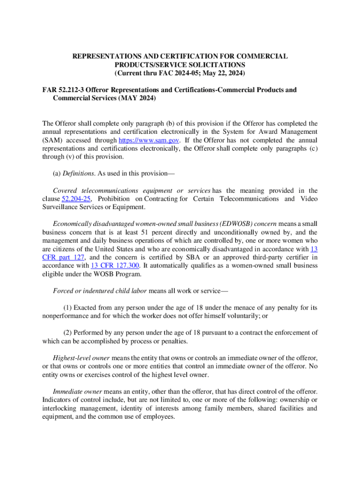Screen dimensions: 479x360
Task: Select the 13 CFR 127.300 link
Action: (x=112, y=265)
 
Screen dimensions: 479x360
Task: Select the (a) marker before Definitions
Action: (x=57, y=174)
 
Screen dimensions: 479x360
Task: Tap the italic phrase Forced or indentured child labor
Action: (x=100, y=290)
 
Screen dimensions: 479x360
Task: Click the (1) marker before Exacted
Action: (x=68, y=307)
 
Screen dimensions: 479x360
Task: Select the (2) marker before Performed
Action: (x=68, y=333)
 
